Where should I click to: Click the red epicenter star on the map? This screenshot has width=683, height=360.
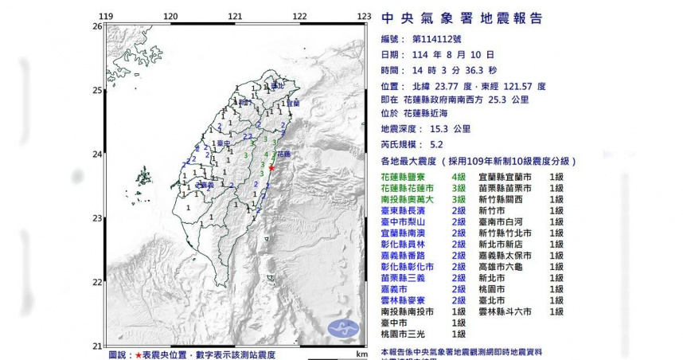coord(271,168)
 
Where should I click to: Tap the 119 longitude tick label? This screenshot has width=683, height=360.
coord(105,17)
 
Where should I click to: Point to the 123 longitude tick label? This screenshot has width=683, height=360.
coord(364,17)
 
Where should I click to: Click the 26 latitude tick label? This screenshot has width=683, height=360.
coord(96,26)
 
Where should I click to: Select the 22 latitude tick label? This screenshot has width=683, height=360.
coord(96,282)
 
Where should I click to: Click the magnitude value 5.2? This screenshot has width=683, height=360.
coord(436,143)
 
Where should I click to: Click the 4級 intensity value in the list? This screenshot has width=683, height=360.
coord(459,176)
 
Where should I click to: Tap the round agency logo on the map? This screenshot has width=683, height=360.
coord(342,327)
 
